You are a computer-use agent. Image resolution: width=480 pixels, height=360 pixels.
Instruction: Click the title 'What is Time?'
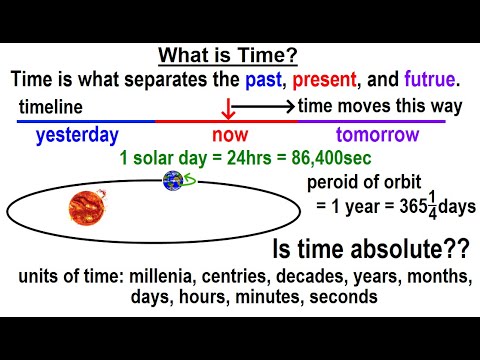coord(238,56)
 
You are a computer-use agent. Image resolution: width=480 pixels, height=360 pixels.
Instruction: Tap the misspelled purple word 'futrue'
coord(429,80)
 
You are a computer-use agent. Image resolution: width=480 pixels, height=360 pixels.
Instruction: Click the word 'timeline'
coord(49,107)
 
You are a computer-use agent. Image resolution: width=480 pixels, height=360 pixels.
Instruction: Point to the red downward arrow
coord(229,105)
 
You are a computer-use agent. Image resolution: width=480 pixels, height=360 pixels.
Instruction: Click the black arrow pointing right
coord(266,105)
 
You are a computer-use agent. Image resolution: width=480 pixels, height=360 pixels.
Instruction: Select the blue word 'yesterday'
coord(77,134)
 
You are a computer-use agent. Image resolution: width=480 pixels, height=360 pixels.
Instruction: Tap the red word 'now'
coord(227,134)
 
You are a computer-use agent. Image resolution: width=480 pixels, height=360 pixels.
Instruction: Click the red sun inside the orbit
coord(86,209)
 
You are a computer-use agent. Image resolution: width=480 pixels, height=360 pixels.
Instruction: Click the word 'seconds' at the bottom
coord(347,297)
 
